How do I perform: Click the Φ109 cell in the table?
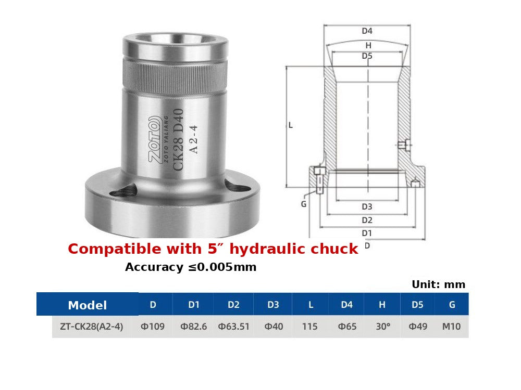pyautogui.click(x=153, y=327)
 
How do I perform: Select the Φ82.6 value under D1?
pyautogui.click(x=194, y=327)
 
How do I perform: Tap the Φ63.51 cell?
pyautogui.click(x=233, y=327)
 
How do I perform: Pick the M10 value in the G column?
pyautogui.click(x=451, y=327)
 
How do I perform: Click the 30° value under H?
pyautogui.click(x=383, y=327)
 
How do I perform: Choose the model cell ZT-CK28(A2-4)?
pyautogui.click(x=91, y=327)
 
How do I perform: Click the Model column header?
pyautogui.click(x=88, y=305)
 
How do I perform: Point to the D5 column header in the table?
pyautogui.click(x=417, y=304)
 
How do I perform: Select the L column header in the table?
pyautogui.click(x=311, y=304)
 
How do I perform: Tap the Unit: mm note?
pyautogui.click(x=438, y=284)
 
